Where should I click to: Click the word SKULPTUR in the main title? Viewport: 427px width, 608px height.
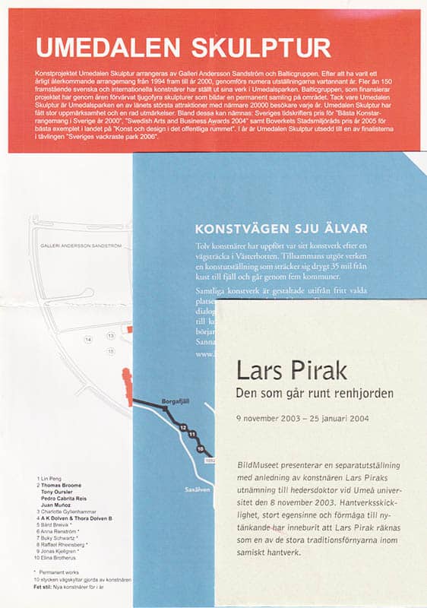coord(256,48)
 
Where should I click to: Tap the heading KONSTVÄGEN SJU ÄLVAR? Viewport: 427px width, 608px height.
coord(282,228)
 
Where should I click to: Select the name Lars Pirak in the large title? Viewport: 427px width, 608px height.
coord(291,371)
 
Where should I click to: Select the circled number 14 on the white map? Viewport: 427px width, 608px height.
coord(88,339)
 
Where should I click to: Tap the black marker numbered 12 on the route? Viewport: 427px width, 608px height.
coord(182,429)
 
